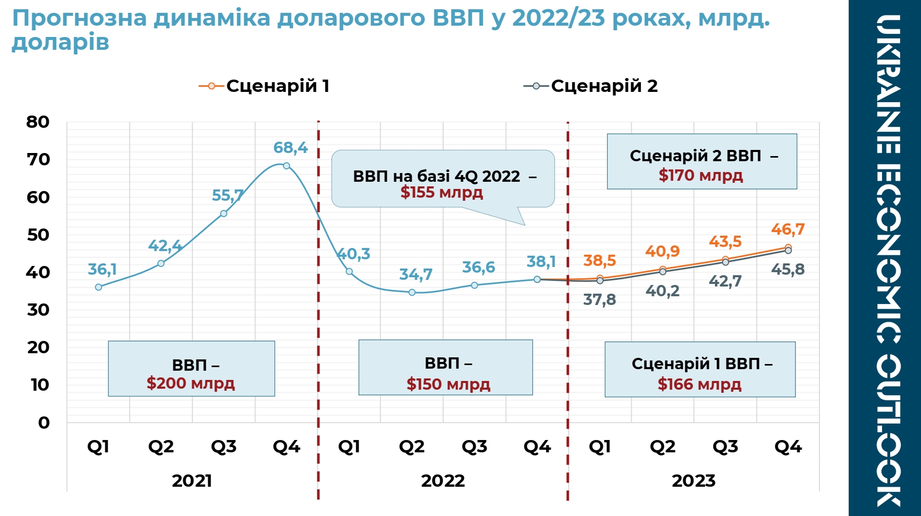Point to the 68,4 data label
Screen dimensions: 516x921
pos(290,147)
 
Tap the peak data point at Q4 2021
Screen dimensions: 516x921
pos(286,166)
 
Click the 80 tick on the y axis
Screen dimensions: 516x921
pos(38,122)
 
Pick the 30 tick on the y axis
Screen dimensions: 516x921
pos(38,310)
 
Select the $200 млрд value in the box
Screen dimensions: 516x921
pos(191,383)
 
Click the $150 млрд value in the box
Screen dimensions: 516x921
pos(448,384)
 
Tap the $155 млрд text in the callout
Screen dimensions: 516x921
pos(442,193)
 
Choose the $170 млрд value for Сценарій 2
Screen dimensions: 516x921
pos(700,176)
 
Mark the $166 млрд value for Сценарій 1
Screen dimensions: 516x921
pos(699,384)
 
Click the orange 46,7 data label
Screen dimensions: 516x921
pos(788,229)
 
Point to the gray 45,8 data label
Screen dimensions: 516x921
pos(788,269)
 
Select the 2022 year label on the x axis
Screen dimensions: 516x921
pos(443,481)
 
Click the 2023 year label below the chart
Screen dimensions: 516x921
pos(693,481)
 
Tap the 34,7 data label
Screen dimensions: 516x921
pos(416,275)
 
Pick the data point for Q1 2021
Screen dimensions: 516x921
pos(98,287)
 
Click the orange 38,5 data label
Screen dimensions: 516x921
pos(599,260)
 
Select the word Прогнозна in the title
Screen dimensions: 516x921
pos(79,18)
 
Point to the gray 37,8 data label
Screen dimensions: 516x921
pos(599,299)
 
